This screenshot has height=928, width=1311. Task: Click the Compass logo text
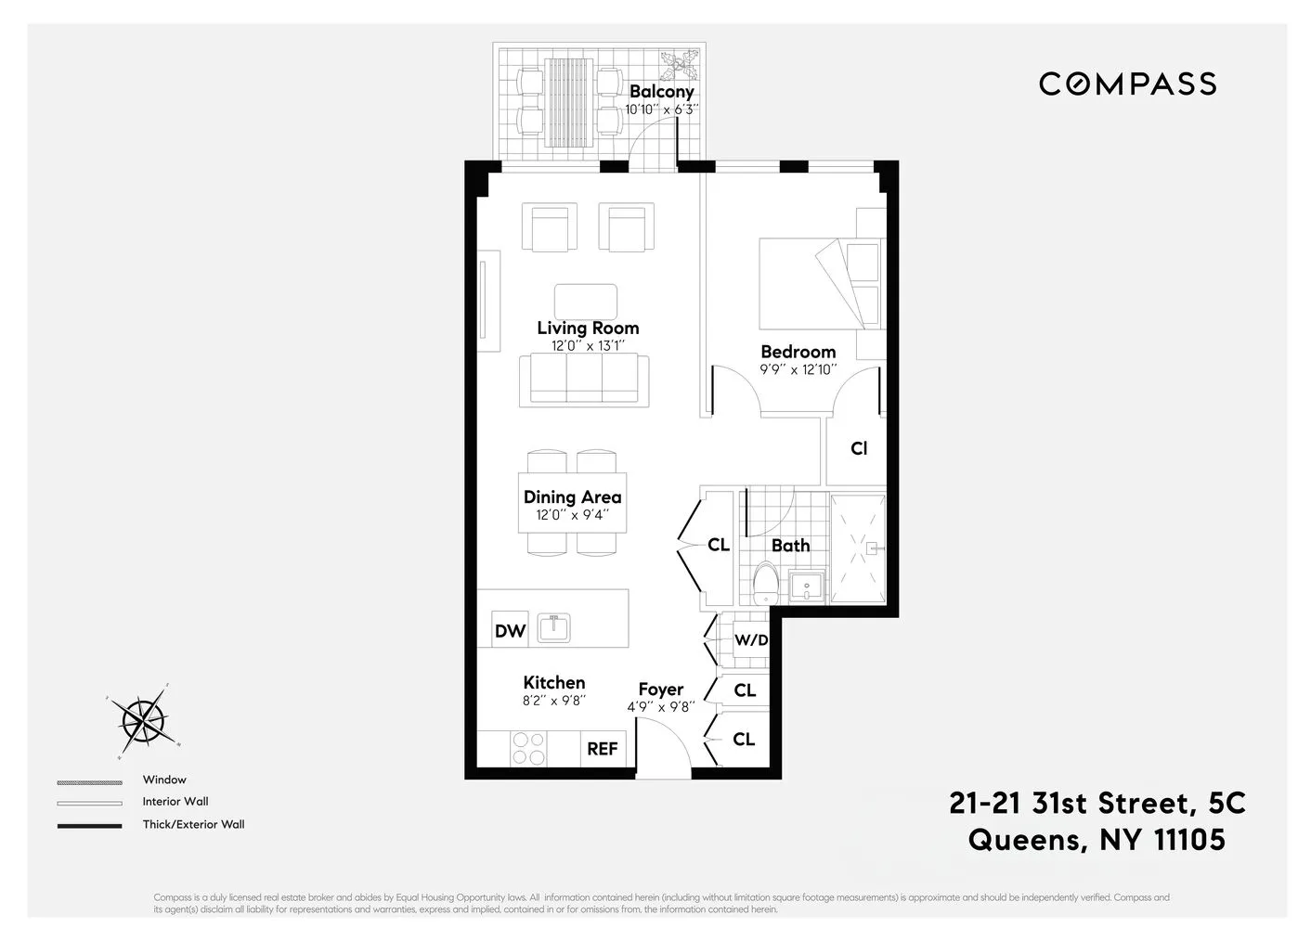click(x=1127, y=84)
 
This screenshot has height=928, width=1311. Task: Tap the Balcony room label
click(x=661, y=91)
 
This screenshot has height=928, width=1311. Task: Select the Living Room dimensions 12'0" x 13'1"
click(x=588, y=346)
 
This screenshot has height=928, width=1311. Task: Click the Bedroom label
click(x=798, y=352)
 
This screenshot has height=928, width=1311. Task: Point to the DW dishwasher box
click(x=510, y=631)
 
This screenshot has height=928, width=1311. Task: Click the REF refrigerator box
click(x=602, y=748)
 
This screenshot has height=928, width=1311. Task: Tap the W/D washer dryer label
click(x=750, y=640)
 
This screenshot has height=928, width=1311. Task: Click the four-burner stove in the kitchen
click(x=529, y=748)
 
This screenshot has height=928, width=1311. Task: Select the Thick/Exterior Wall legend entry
click(x=193, y=824)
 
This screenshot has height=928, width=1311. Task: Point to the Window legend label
click(x=164, y=780)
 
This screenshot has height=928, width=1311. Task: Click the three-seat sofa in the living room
click(x=584, y=380)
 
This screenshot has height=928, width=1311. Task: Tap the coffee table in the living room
click(x=585, y=302)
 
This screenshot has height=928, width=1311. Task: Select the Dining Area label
click(x=572, y=497)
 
